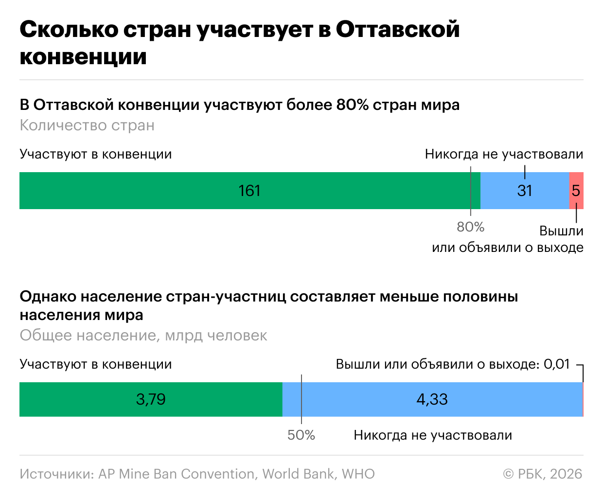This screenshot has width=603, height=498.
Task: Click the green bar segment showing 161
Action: tap(146, 191)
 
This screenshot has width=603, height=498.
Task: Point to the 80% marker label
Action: tap(470, 227)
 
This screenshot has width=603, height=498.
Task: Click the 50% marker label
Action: tap(301, 435)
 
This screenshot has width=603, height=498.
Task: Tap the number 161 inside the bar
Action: tap(249, 191)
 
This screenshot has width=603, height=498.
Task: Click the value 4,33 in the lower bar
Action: tap(432, 399)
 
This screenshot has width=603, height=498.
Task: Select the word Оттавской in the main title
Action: tap(397, 30)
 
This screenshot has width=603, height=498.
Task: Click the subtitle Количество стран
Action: tap(87, 125)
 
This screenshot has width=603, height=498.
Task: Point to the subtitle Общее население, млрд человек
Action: tap(143, 336)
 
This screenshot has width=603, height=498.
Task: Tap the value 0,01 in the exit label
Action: tap(556, 364)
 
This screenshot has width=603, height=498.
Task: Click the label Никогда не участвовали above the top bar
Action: tap(504, 154)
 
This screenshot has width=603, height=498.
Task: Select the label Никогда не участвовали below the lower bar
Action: tap(433, 435)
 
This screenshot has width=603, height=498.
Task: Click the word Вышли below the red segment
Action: tap(561, 231)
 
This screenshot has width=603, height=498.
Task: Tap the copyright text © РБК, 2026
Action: tap(542, 474)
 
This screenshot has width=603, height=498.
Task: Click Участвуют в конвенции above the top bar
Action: tap(96, 154)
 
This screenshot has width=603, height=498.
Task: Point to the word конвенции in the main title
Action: tap(83, 56)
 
